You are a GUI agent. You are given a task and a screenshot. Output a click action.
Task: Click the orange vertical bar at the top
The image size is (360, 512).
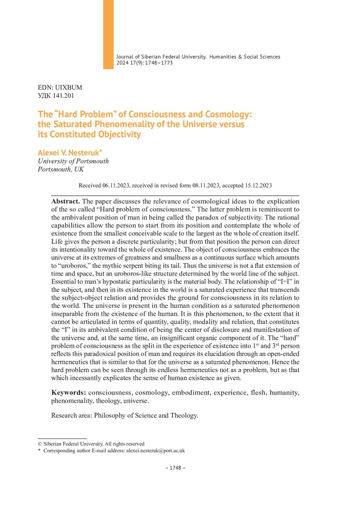[108, 34]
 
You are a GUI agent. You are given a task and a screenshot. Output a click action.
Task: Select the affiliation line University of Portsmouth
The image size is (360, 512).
[73, 161]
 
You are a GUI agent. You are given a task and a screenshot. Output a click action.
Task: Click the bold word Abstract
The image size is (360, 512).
[66, 201]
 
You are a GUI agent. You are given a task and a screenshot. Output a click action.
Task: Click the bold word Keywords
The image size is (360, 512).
[68, 393]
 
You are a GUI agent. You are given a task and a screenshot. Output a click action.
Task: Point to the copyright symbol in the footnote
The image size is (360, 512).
[40, 444]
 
